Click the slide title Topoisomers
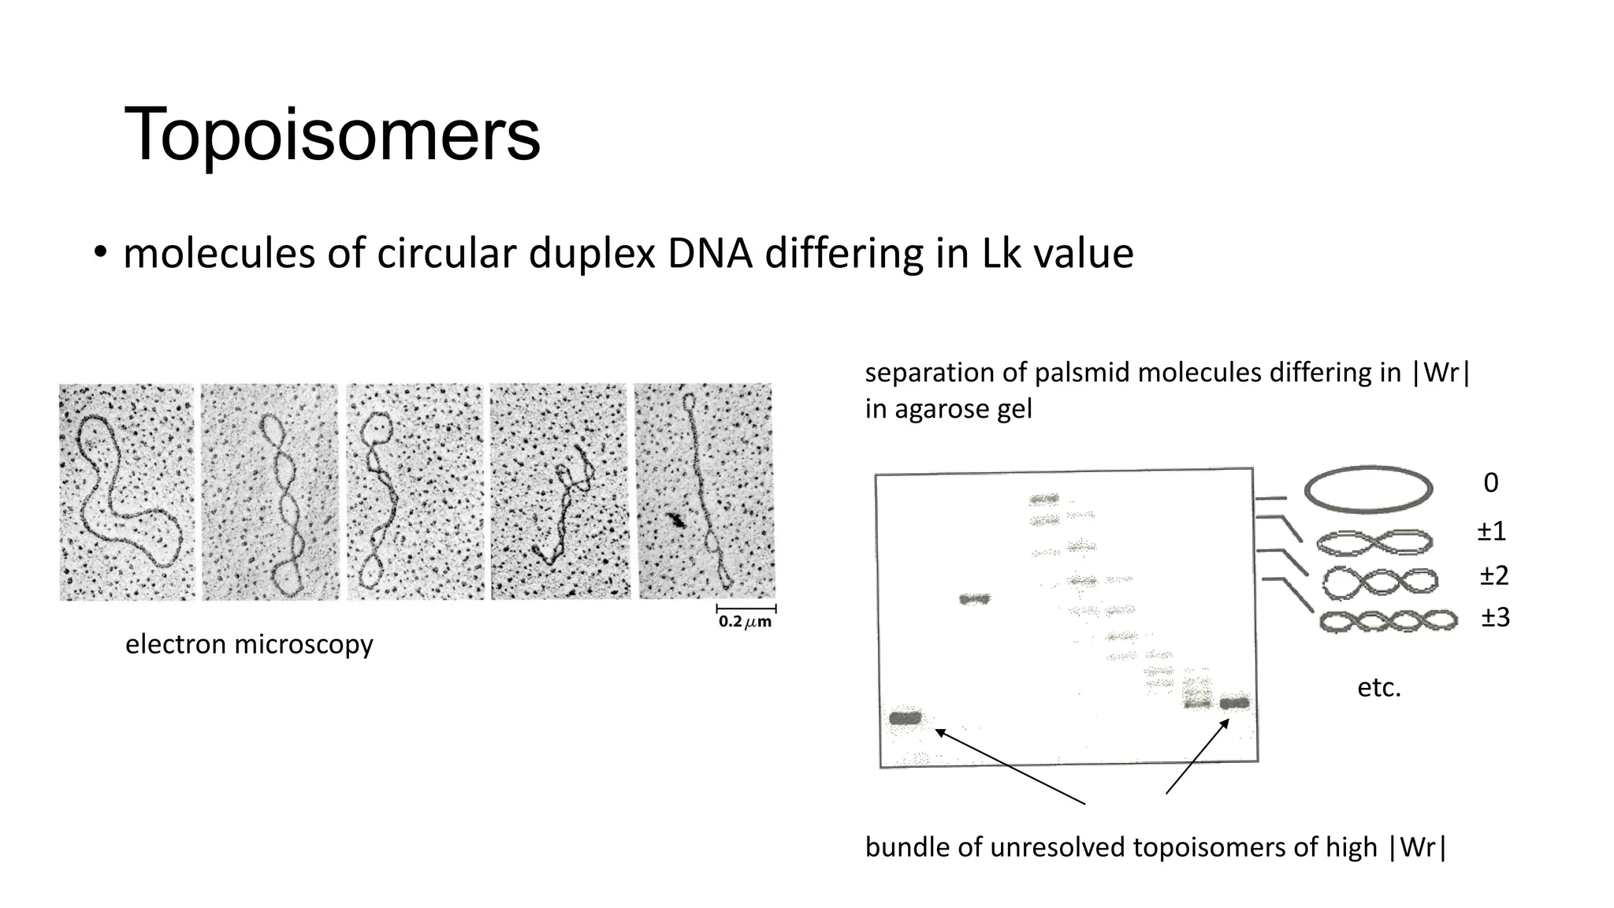coord(332,135)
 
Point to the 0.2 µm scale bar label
coord(745,622)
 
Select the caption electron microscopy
coord(249,645)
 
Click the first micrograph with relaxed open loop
coord(127,492)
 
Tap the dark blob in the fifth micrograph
coord(675,519)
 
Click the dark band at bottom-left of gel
coord(905,718)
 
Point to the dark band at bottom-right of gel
coord(1234,703)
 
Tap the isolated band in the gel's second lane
coord(975,599)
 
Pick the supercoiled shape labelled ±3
coord(1389,622)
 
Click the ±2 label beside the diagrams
coord(1493,576)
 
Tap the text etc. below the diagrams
coord(1378,688)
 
